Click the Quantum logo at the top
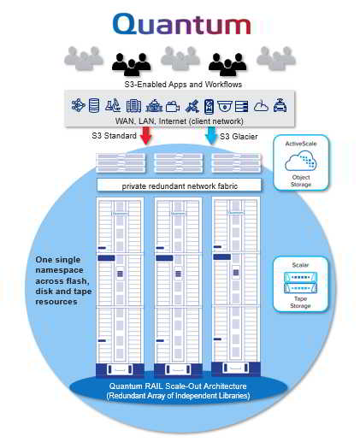coord(181,24)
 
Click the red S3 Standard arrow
coord(145,135)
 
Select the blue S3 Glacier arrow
coord(210,135)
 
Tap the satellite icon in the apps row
coord(192,106)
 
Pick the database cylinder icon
coord(94,105)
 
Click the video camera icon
coord(173,107)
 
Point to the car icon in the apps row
coord(280,105)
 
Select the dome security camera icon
coord(225,106)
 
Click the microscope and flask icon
coord(113,105)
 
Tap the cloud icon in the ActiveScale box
coord(301,161)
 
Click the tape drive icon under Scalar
coord(300,282)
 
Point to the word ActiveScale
coord(301,144)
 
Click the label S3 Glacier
coord(239,137)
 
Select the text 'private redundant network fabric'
coord(180,186)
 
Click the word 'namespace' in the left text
coord(59,270)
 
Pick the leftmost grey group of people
coord(84,58)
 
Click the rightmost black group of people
coord(227,64)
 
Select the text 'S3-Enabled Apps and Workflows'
coord(183,85)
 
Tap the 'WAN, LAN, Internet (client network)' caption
coord(180,121)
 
